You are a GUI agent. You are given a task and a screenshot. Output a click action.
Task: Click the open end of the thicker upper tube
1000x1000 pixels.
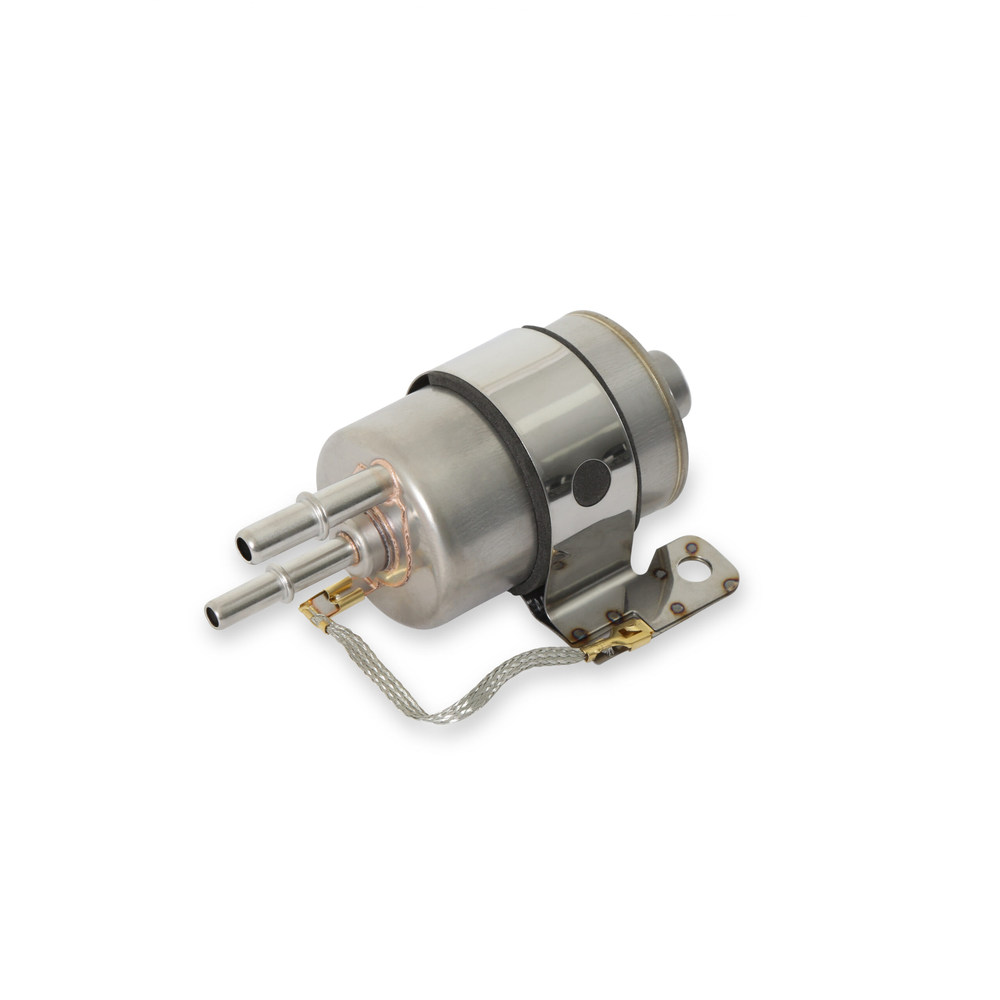coord(244,545)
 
